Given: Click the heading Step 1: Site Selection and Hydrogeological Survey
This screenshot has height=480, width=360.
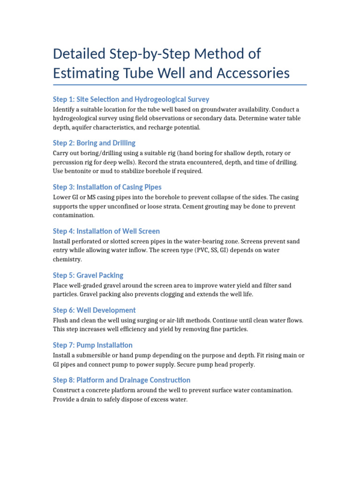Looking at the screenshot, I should click(x=131, y=99).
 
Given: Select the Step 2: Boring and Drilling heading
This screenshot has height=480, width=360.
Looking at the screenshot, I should click(x=94, y=143).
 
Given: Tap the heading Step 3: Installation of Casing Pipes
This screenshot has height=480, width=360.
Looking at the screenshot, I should click(x=107, y=187).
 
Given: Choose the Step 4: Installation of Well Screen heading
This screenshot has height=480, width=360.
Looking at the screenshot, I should click(x=106, y=231).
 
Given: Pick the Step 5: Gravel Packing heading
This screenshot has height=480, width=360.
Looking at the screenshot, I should click(x=88, y=275).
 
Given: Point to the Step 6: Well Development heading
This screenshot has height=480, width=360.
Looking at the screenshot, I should click(x=94, y=310).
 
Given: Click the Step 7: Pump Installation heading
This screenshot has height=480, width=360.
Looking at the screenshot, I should click(x=92, y=345).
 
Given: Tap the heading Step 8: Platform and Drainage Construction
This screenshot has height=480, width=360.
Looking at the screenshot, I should click(x=121, y=380).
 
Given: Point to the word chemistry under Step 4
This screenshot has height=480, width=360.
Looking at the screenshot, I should click(x=67, y=259).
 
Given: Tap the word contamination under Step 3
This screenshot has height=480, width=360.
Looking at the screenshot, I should click(x=73, y=215).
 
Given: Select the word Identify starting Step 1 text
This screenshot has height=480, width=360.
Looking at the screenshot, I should click(x=64, y=110).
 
